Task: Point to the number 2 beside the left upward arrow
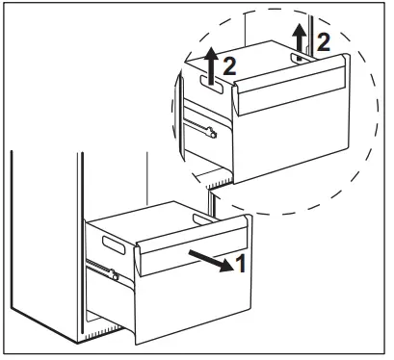[230, 67]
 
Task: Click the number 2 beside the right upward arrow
[324, 41]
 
